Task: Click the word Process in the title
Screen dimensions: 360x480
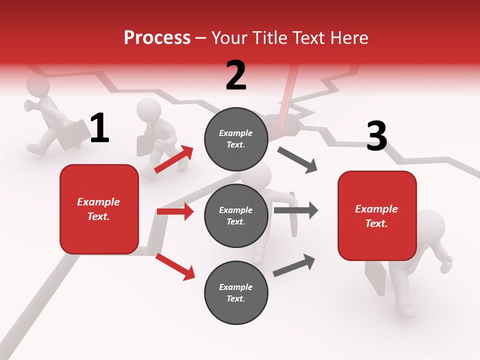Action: [x=157, y=38]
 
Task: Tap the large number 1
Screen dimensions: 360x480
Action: [x=99, y=128]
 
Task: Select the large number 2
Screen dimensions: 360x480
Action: [x=236, y=76]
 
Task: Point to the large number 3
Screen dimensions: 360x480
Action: [x=376, y=136]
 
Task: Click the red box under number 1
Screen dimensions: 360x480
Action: [x=99, y=209]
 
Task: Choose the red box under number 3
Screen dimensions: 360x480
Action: [x=377, y=215]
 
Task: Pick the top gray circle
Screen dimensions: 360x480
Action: [x=236, y=139]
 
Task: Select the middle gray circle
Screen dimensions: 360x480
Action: [x=236, y=215]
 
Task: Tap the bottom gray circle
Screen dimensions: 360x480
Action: [x=236, y=292]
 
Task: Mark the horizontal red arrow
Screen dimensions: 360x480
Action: [x=175, y=211]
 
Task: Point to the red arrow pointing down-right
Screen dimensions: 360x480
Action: [x=175, y=266]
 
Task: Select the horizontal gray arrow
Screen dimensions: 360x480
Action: [x=295, y=210]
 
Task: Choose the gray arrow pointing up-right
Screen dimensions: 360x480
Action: [x=294, y=265]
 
